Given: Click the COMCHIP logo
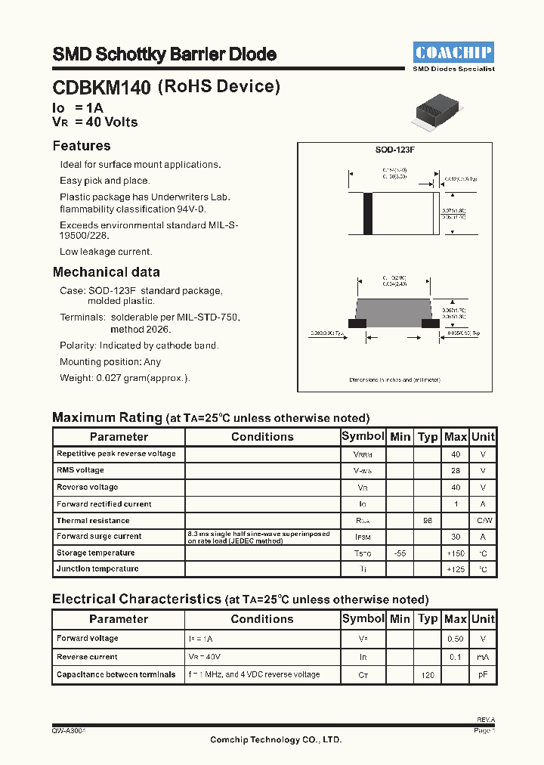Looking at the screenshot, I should point(453,52).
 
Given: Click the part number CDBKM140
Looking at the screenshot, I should point(102,88).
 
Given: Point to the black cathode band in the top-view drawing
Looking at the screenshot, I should point(369,214).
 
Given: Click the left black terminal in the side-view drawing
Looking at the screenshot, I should point(357,323).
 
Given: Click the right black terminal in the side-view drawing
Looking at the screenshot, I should point(430,323).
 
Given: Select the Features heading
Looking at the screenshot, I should point(82,146).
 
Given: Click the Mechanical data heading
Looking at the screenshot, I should point(106,272).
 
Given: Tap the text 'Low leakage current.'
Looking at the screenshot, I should point(106,252).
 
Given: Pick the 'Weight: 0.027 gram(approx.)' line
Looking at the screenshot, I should point(125,378).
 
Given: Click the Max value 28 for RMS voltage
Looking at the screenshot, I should point(456,471).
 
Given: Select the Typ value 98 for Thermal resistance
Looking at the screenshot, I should point(428,521).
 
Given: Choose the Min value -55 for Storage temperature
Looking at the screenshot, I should point(400,553).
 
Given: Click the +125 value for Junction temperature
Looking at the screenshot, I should point(456,569).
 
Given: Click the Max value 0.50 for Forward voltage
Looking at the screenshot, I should point(456,639).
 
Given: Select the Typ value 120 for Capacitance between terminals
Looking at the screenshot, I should point(428,674).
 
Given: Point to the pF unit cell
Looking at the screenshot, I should point(483,674).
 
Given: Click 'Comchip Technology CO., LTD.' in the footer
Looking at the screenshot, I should point(276,740).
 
